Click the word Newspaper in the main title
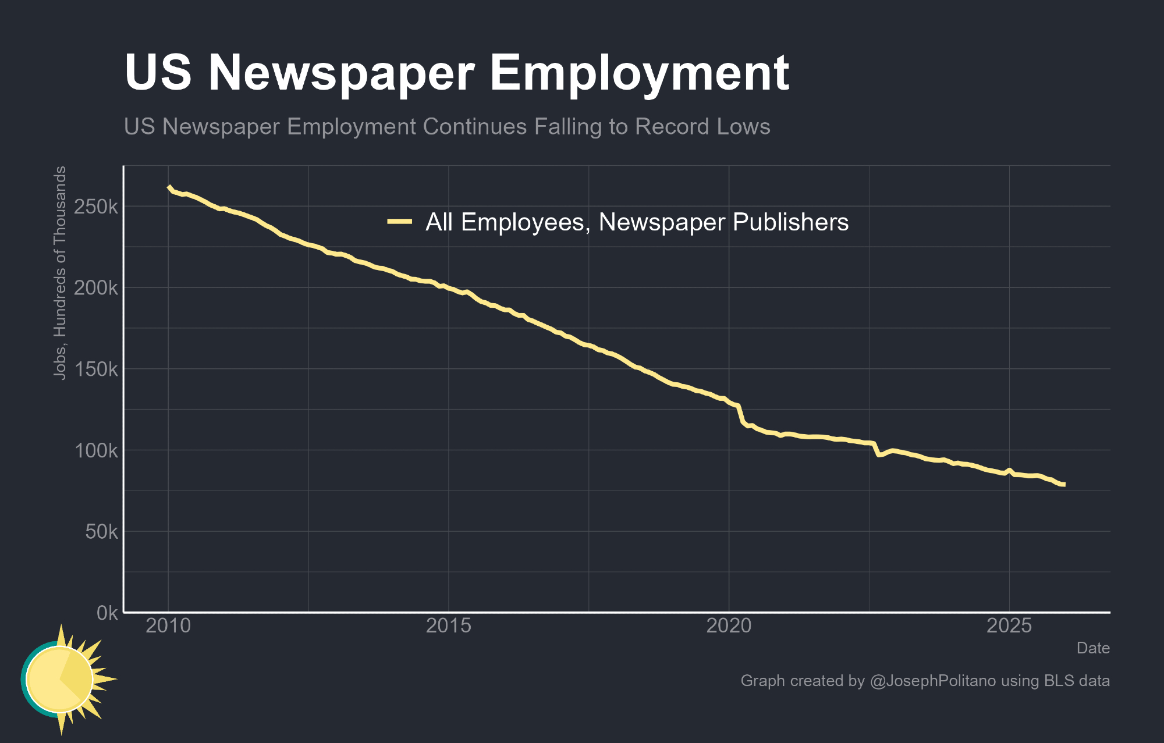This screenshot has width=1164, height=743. click(x=341, y=73)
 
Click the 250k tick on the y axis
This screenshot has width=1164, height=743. click(x=96, y=207)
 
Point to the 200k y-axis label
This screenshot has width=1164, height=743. click(x=96, y=288)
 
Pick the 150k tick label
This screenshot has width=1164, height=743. click(x=96, y=369)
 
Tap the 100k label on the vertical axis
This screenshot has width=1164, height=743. click(x=96, y=450)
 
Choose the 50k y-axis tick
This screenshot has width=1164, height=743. click(x=101, y=532)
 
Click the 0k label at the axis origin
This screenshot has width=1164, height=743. click(x=107, y=613)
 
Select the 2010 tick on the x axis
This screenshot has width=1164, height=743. click(x=168, y=626)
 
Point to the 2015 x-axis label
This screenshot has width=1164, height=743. click(x=448, y=626)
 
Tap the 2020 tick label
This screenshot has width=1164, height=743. click(x=729, y=626)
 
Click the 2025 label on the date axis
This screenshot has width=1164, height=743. click(x=1009, y=626)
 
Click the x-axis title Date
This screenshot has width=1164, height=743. click(x=1093, y=648)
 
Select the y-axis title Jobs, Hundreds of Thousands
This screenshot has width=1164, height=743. click(x=60, y=273)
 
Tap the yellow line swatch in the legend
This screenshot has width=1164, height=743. click(x=400, y=222)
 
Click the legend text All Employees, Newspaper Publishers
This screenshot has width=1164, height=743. click(x=637, y=222)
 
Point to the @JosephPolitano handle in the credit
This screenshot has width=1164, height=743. click(x=932, y=681)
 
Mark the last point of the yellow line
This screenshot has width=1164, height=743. click(x=1064, y=485)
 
